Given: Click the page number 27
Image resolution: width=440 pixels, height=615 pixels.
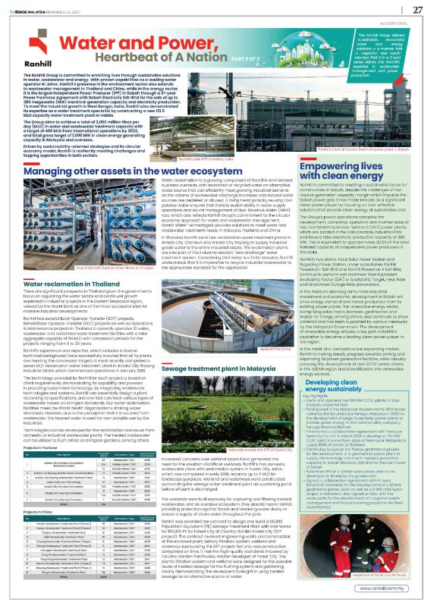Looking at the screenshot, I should coord(417,9).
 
